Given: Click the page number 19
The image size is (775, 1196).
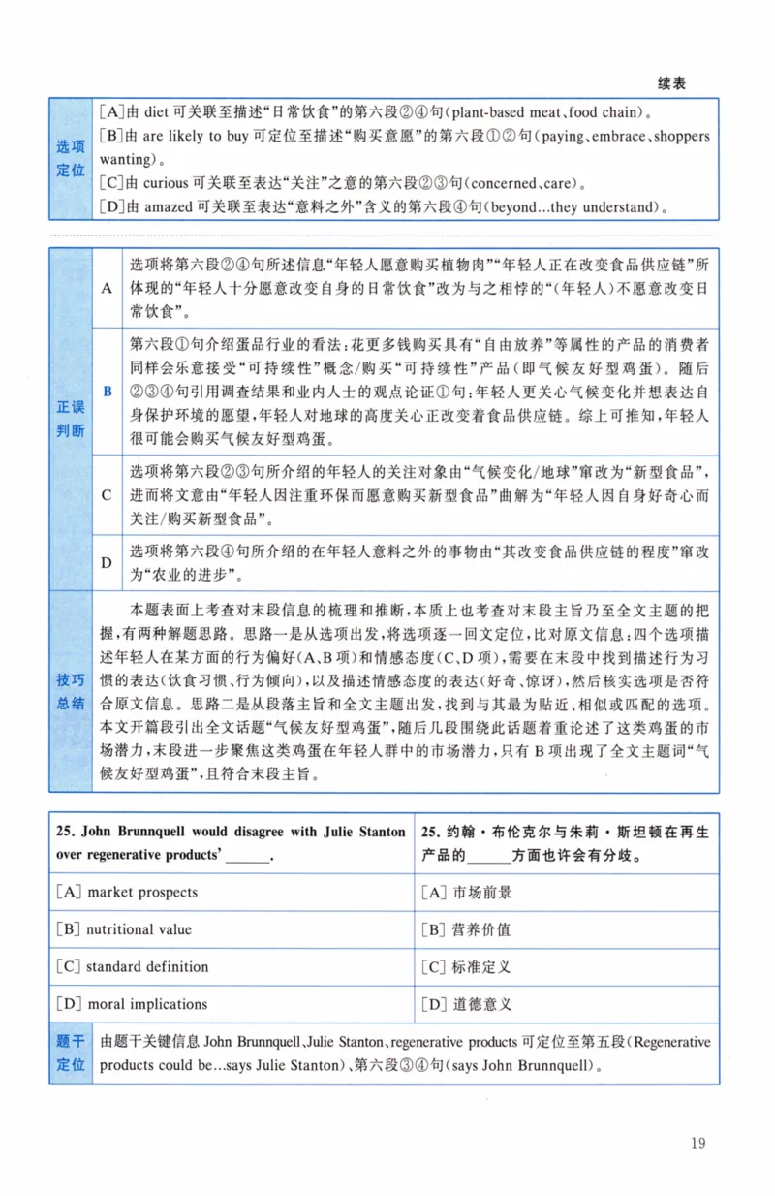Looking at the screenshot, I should tap(697, 1143).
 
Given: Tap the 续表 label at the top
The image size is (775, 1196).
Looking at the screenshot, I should tap(671, 84).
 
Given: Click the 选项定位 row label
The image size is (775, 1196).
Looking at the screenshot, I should tap(70, 158).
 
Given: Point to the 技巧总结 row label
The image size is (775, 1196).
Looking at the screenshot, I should tap(70, 690).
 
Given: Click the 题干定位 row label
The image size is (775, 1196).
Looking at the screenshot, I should tap(70, 1054).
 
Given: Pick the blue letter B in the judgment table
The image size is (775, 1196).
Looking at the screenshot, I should tap(108, 391).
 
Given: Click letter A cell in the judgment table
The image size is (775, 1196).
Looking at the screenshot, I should tap(108, 288).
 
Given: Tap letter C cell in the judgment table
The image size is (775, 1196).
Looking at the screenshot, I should tap(108, 494).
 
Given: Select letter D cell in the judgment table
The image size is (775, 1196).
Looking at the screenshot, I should tap(108, 562).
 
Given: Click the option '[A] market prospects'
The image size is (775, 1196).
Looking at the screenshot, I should tap(127, 893).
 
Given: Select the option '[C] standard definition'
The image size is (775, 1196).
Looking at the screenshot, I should tap(133, 966).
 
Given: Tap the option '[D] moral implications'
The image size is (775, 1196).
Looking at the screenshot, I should tap(132, 1003).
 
